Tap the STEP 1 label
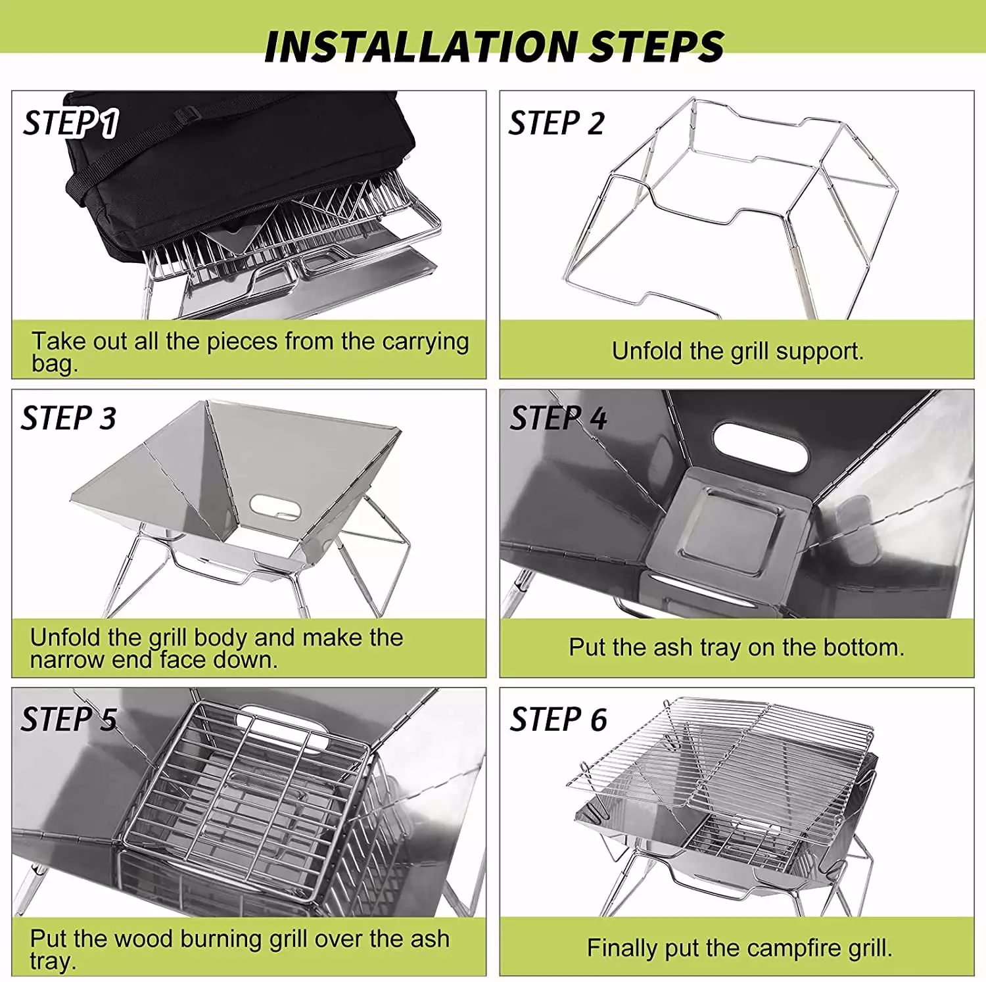pos(71,124)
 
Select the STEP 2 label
pos(557,124)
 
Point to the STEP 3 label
pos(69,419)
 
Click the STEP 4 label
pos(559,419)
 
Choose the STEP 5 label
pos(69,719)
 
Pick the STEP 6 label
pos(559,719)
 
